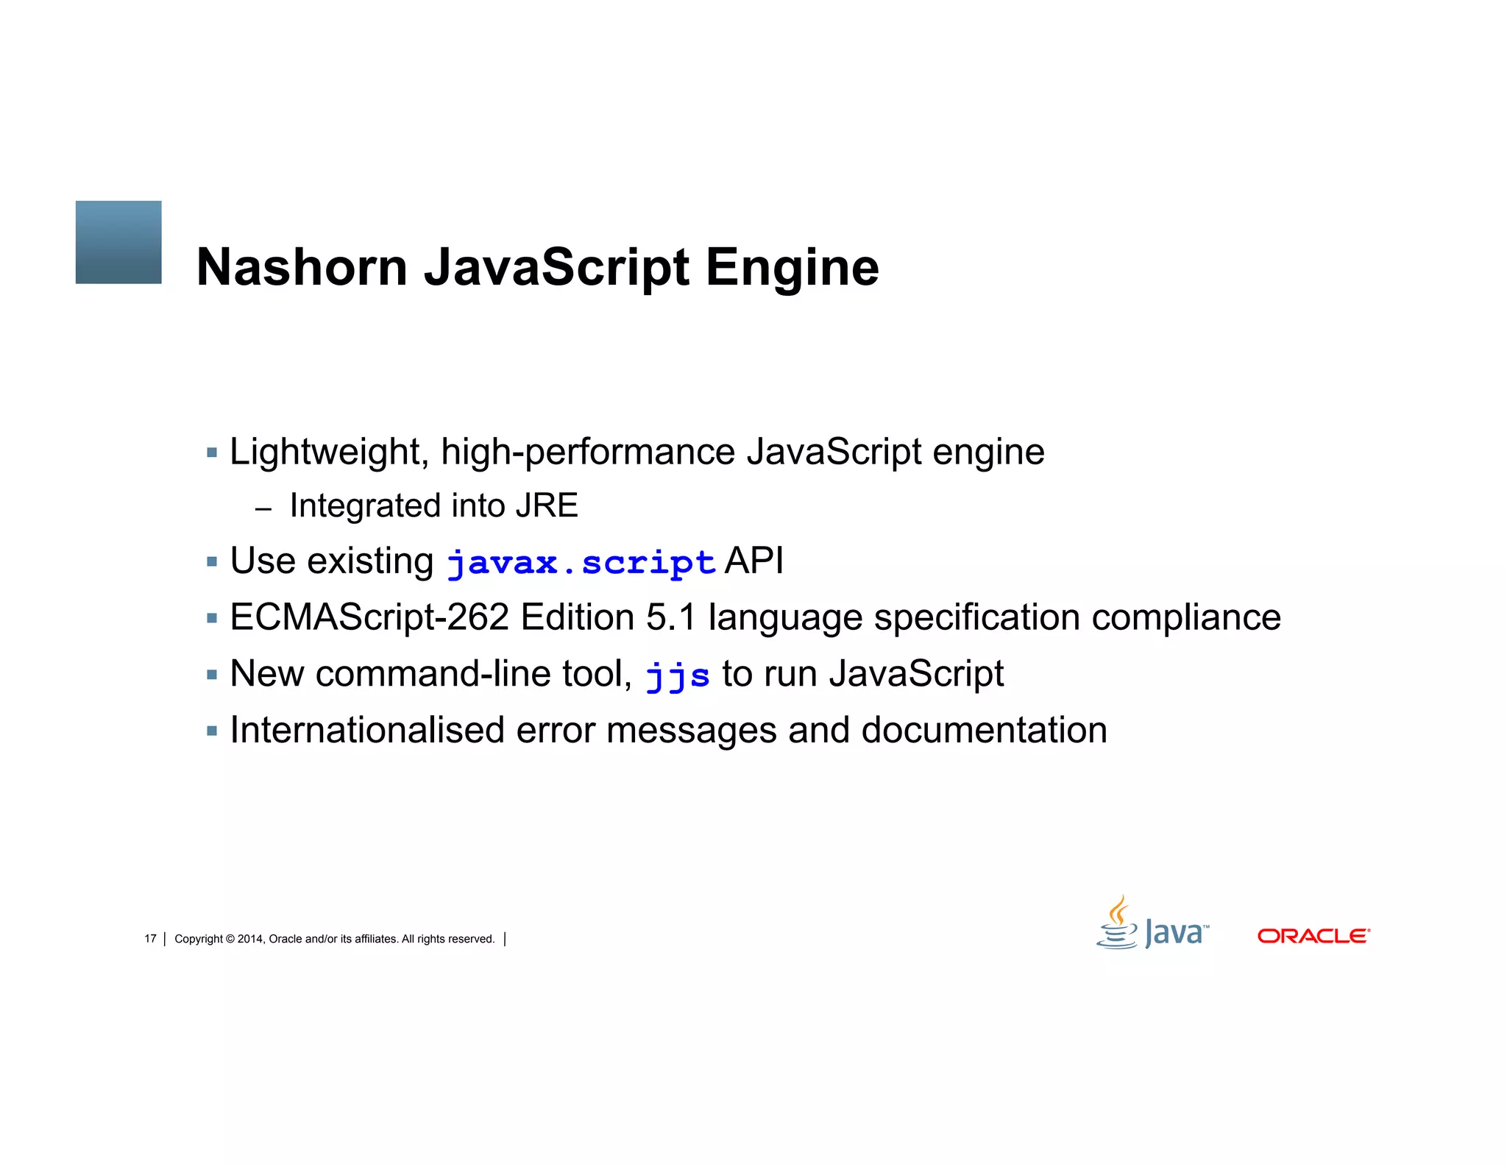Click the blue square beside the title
coord(118,242)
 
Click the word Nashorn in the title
coord(302,267)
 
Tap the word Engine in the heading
coord(792,269)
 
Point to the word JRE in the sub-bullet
coord(547,506)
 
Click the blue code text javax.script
coord(581,564)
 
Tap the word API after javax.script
coord(754,561)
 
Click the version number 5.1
coord(670,617)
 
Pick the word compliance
coord(1186,618)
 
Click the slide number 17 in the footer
coord(150,939)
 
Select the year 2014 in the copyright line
coord(250,939)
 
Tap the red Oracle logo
coord(1313,936)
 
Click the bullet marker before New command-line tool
coord(212,675)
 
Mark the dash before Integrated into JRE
coord(263,508)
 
